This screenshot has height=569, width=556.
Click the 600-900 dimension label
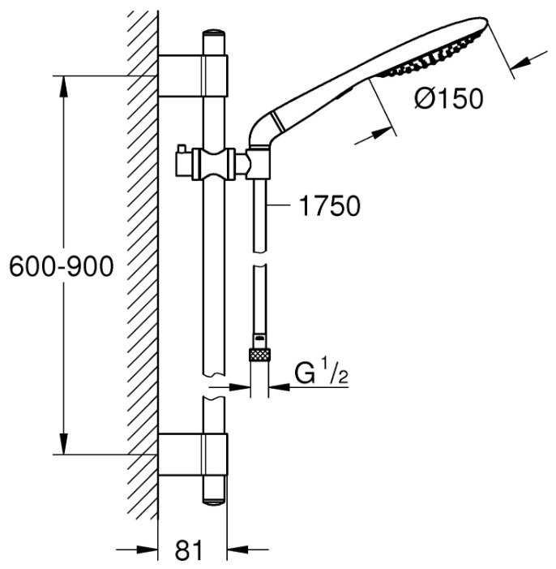(x=62, y=267)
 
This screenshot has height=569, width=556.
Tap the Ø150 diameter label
(x=449, y=98)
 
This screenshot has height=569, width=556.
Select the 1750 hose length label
(x=330, y=205)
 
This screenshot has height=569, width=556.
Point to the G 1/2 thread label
(x=321, y=373)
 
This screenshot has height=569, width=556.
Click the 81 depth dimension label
(x=189, y=550)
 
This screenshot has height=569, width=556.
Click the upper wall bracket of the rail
(x=193, y=75)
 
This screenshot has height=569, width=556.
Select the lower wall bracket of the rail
(x=193, y=454)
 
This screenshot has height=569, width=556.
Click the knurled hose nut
(x=259, y=355)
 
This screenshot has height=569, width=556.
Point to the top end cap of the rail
(x=214, y=33)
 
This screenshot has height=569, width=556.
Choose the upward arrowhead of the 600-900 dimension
(x=64, y=86)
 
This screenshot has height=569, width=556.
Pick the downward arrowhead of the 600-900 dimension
(x=64, y=443)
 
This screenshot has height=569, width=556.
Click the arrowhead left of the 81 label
(x=148, y=550)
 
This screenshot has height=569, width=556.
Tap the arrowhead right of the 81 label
(x=237, y=550)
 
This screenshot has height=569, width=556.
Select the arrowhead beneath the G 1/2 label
(x=280, y=387)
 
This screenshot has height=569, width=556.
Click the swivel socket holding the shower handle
(x=258, y=164)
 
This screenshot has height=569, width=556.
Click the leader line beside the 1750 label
(x=279, y=205)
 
